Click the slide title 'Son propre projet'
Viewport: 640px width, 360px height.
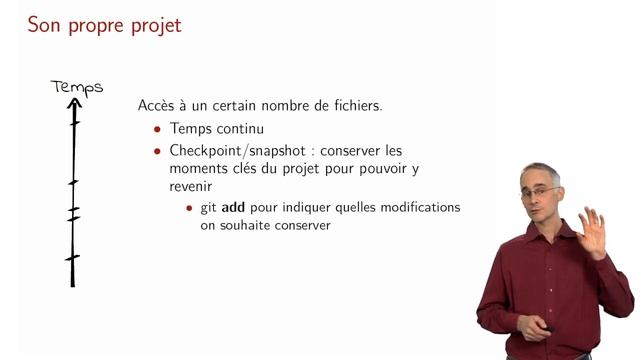coord(104,25)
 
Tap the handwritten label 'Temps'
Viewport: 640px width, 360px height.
coord(77,87)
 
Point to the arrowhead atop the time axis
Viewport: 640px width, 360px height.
coord(74,104)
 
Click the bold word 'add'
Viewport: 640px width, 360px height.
coord(232,207)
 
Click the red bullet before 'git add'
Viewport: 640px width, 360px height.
coord(190,207)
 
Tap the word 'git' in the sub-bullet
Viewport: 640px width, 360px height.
coord(206,208)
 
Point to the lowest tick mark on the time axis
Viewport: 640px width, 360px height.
coord(72,258)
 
